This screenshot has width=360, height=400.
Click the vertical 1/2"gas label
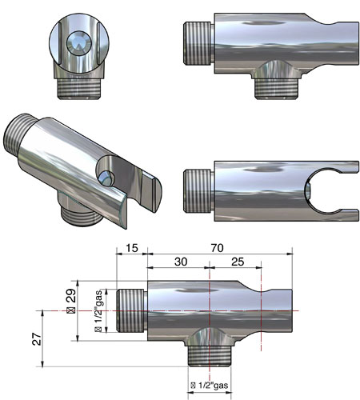98,311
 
